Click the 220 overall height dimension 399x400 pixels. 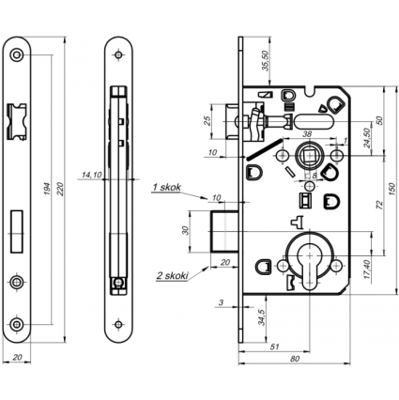60,189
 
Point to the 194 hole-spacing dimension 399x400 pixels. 47,189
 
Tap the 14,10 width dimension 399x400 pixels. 91,175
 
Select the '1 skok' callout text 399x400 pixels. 166,187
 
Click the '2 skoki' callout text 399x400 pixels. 173,275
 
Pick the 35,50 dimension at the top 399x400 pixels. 266,61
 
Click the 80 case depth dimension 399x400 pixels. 295,359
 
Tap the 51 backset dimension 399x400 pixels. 274,346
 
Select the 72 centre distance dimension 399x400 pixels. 379,205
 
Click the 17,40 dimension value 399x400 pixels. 367,269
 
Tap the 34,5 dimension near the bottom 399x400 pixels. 262,317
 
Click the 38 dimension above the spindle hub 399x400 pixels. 307,134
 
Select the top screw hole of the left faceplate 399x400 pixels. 16,55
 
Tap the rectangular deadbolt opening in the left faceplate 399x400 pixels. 17,231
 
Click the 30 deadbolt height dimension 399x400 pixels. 186,231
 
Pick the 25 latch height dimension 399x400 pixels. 207,121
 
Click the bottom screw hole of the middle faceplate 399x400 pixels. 118,324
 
